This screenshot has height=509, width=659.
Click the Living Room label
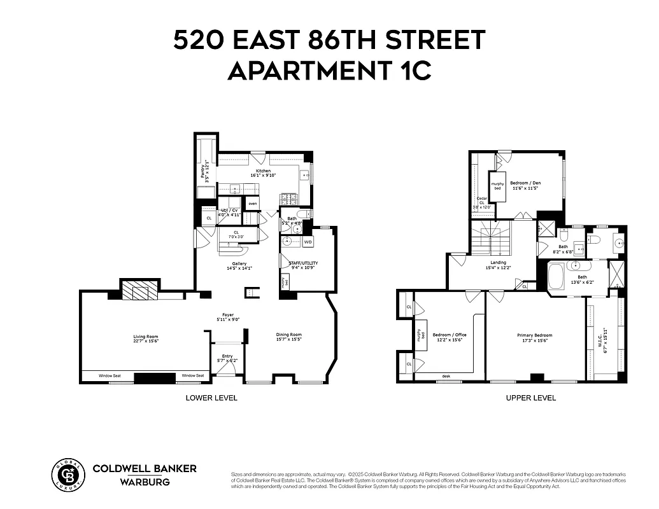click(x=145, y=337)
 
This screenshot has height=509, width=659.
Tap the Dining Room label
click(x=288, y=335)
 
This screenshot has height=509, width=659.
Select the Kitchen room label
click(x=263, y=171)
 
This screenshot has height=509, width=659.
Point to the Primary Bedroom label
click(x=534, y=335)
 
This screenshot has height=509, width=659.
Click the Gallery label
click(x=239, y=264)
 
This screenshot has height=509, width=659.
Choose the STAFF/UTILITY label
click(x=303, y=263)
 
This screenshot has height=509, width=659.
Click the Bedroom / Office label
click(x=450, y=335)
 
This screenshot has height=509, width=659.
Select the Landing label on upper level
click(x=498, y=262)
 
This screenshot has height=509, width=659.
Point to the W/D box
click(x=308, y=242)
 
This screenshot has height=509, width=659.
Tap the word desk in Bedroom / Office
click(x=447, y=376)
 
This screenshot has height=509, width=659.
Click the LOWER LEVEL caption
click(x=211, y=398)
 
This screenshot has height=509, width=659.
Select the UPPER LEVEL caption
click(x=530, y=398)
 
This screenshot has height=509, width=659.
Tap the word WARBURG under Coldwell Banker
click(x=145, y=482)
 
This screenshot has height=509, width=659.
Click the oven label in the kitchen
click(x=253, y=204)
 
